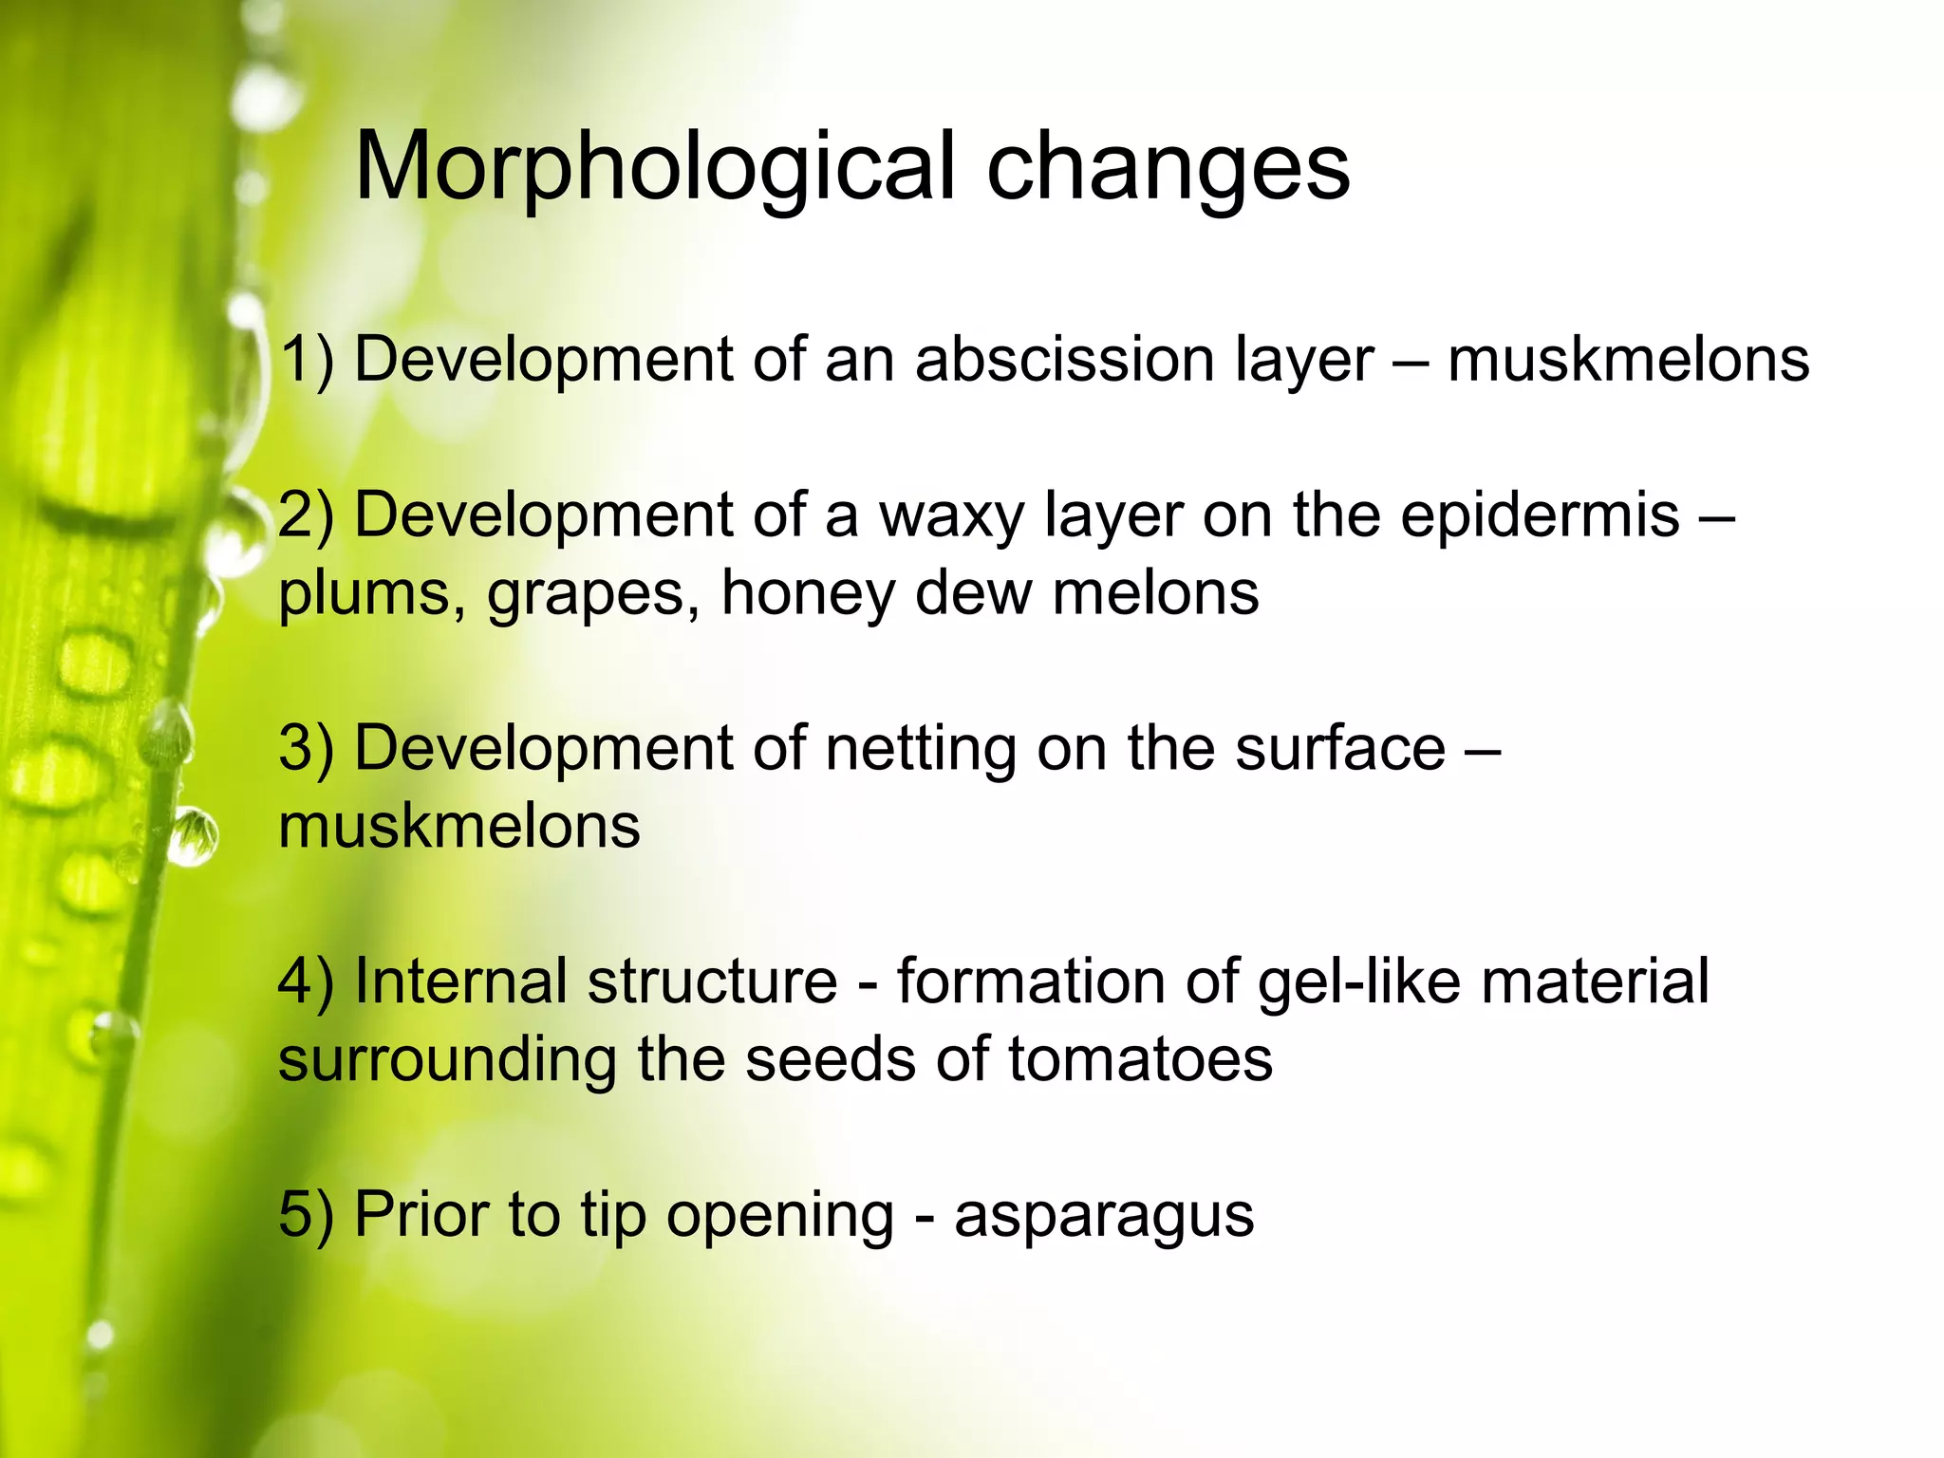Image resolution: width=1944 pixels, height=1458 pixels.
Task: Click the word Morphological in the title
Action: point(653,167)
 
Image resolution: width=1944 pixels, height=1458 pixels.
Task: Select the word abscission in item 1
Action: point(1065,360)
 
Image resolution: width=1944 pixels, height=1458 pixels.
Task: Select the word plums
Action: point(364,593)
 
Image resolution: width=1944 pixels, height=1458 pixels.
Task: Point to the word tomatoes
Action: point(1140,1059)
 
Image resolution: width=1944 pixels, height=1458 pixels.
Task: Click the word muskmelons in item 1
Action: point(1628,360)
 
